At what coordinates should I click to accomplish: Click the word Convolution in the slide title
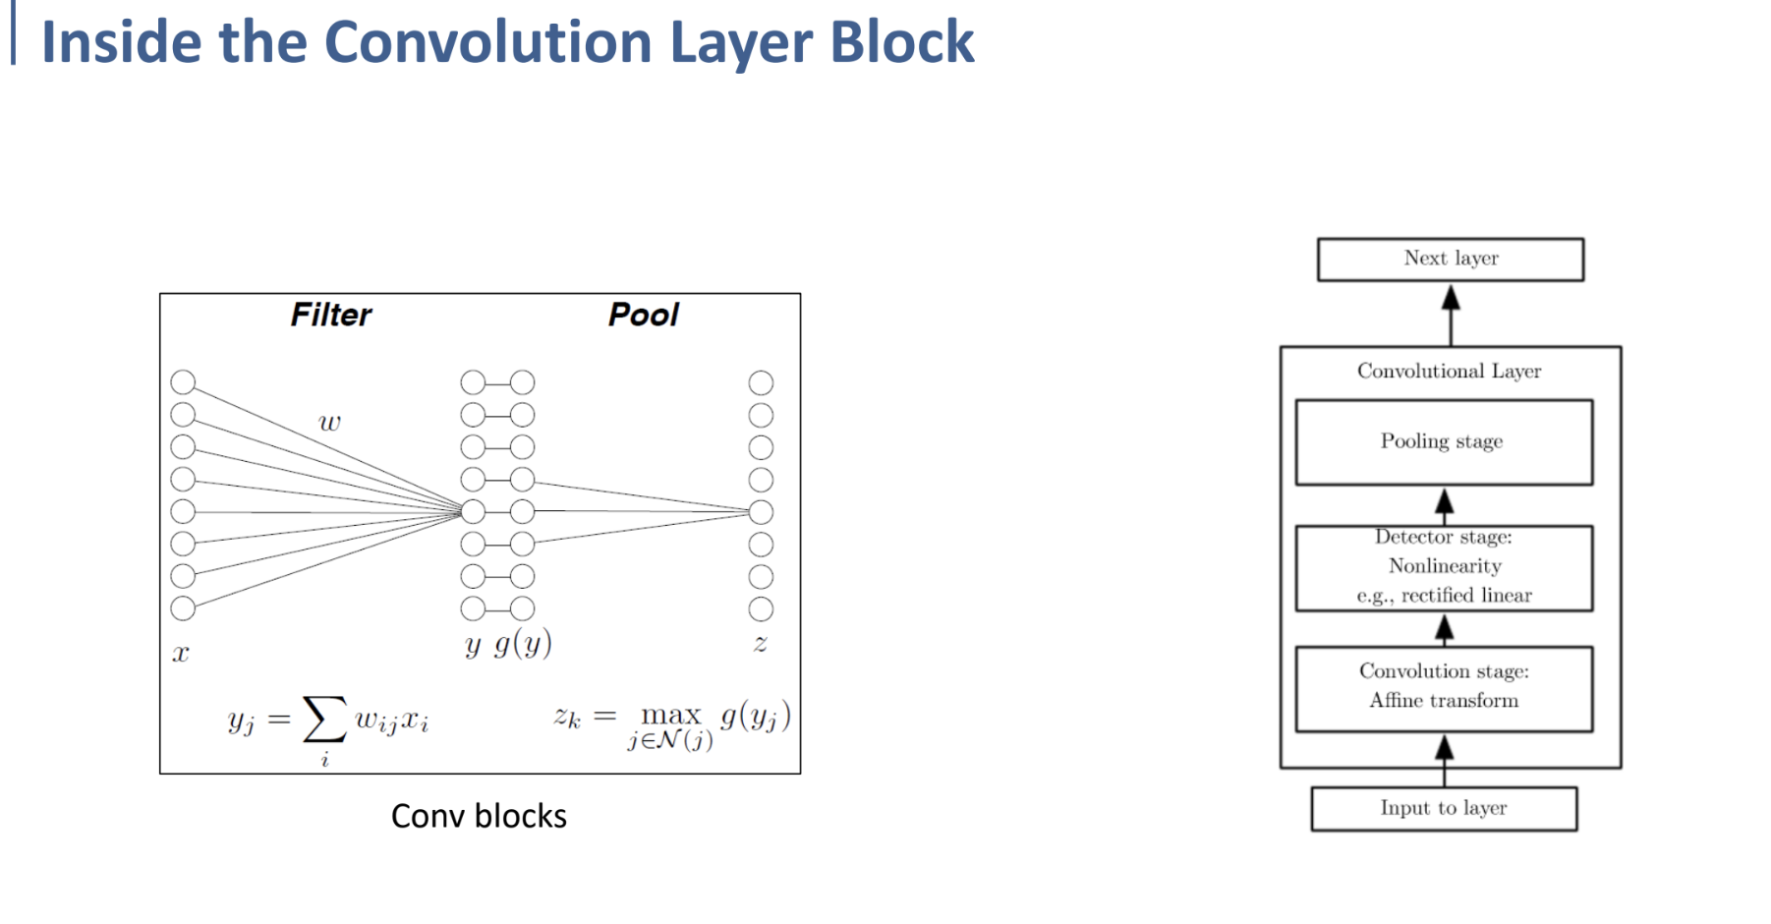click(488, 42)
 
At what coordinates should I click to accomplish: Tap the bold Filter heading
click(331, 315)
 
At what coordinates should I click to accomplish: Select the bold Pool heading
click(643, 315)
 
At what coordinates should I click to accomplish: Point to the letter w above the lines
click(329, 424)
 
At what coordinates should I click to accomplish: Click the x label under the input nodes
click(181, 654)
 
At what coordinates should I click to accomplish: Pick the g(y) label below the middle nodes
click(523, 644)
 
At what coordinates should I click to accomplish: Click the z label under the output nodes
click(760, 644)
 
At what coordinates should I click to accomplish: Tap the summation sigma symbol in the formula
click(324, 720)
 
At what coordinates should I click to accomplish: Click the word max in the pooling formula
click(670, 715)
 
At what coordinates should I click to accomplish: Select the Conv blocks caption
click(479, 816)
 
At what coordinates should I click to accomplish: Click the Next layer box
click(1451, 260)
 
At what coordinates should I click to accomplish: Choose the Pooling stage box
click(1443, 441)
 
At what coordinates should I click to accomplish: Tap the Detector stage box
click(1443, 567)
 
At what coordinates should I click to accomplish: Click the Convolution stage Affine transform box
click(1443, 687)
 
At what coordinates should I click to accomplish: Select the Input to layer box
click(1443, 808)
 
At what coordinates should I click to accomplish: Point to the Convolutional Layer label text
click(1449, 371)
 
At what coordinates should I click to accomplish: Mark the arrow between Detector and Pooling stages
click(1444, 504)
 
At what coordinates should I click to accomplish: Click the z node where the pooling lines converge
click(761, 512)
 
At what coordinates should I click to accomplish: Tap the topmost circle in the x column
click(183, 382)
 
